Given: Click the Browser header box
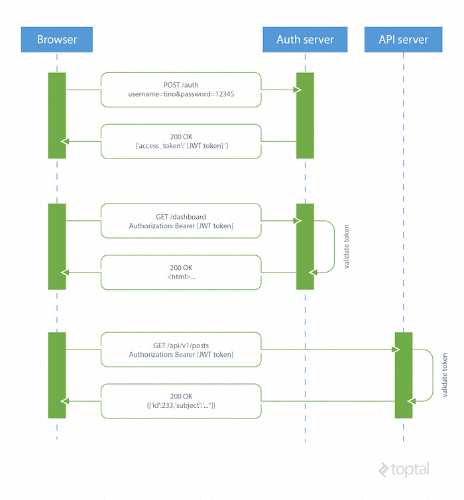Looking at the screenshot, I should click(56, 40).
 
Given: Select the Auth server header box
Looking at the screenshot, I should click(305, 40).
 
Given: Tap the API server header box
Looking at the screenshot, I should click(403, 40).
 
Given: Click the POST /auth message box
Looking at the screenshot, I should click(180, 90).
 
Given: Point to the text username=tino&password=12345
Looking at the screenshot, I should click(180, 95).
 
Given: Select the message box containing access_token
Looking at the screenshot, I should click(180, 141).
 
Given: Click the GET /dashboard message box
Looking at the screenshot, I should click(180, 221).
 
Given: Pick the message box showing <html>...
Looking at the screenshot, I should click(180, 272).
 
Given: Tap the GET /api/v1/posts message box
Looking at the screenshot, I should click(180, 349).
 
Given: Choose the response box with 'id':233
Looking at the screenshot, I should click(180, 401).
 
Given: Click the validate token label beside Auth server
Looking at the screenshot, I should click(347, 247).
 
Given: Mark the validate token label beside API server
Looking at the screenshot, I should click(445, 375).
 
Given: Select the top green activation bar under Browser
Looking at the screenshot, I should click(57, 115).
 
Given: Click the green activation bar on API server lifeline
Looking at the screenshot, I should click(404, 375).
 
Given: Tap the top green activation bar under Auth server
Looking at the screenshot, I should click(305, 115).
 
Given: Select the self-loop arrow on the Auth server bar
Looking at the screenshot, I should click(326, 247).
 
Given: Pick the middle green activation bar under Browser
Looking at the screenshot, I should click(57, 247).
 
